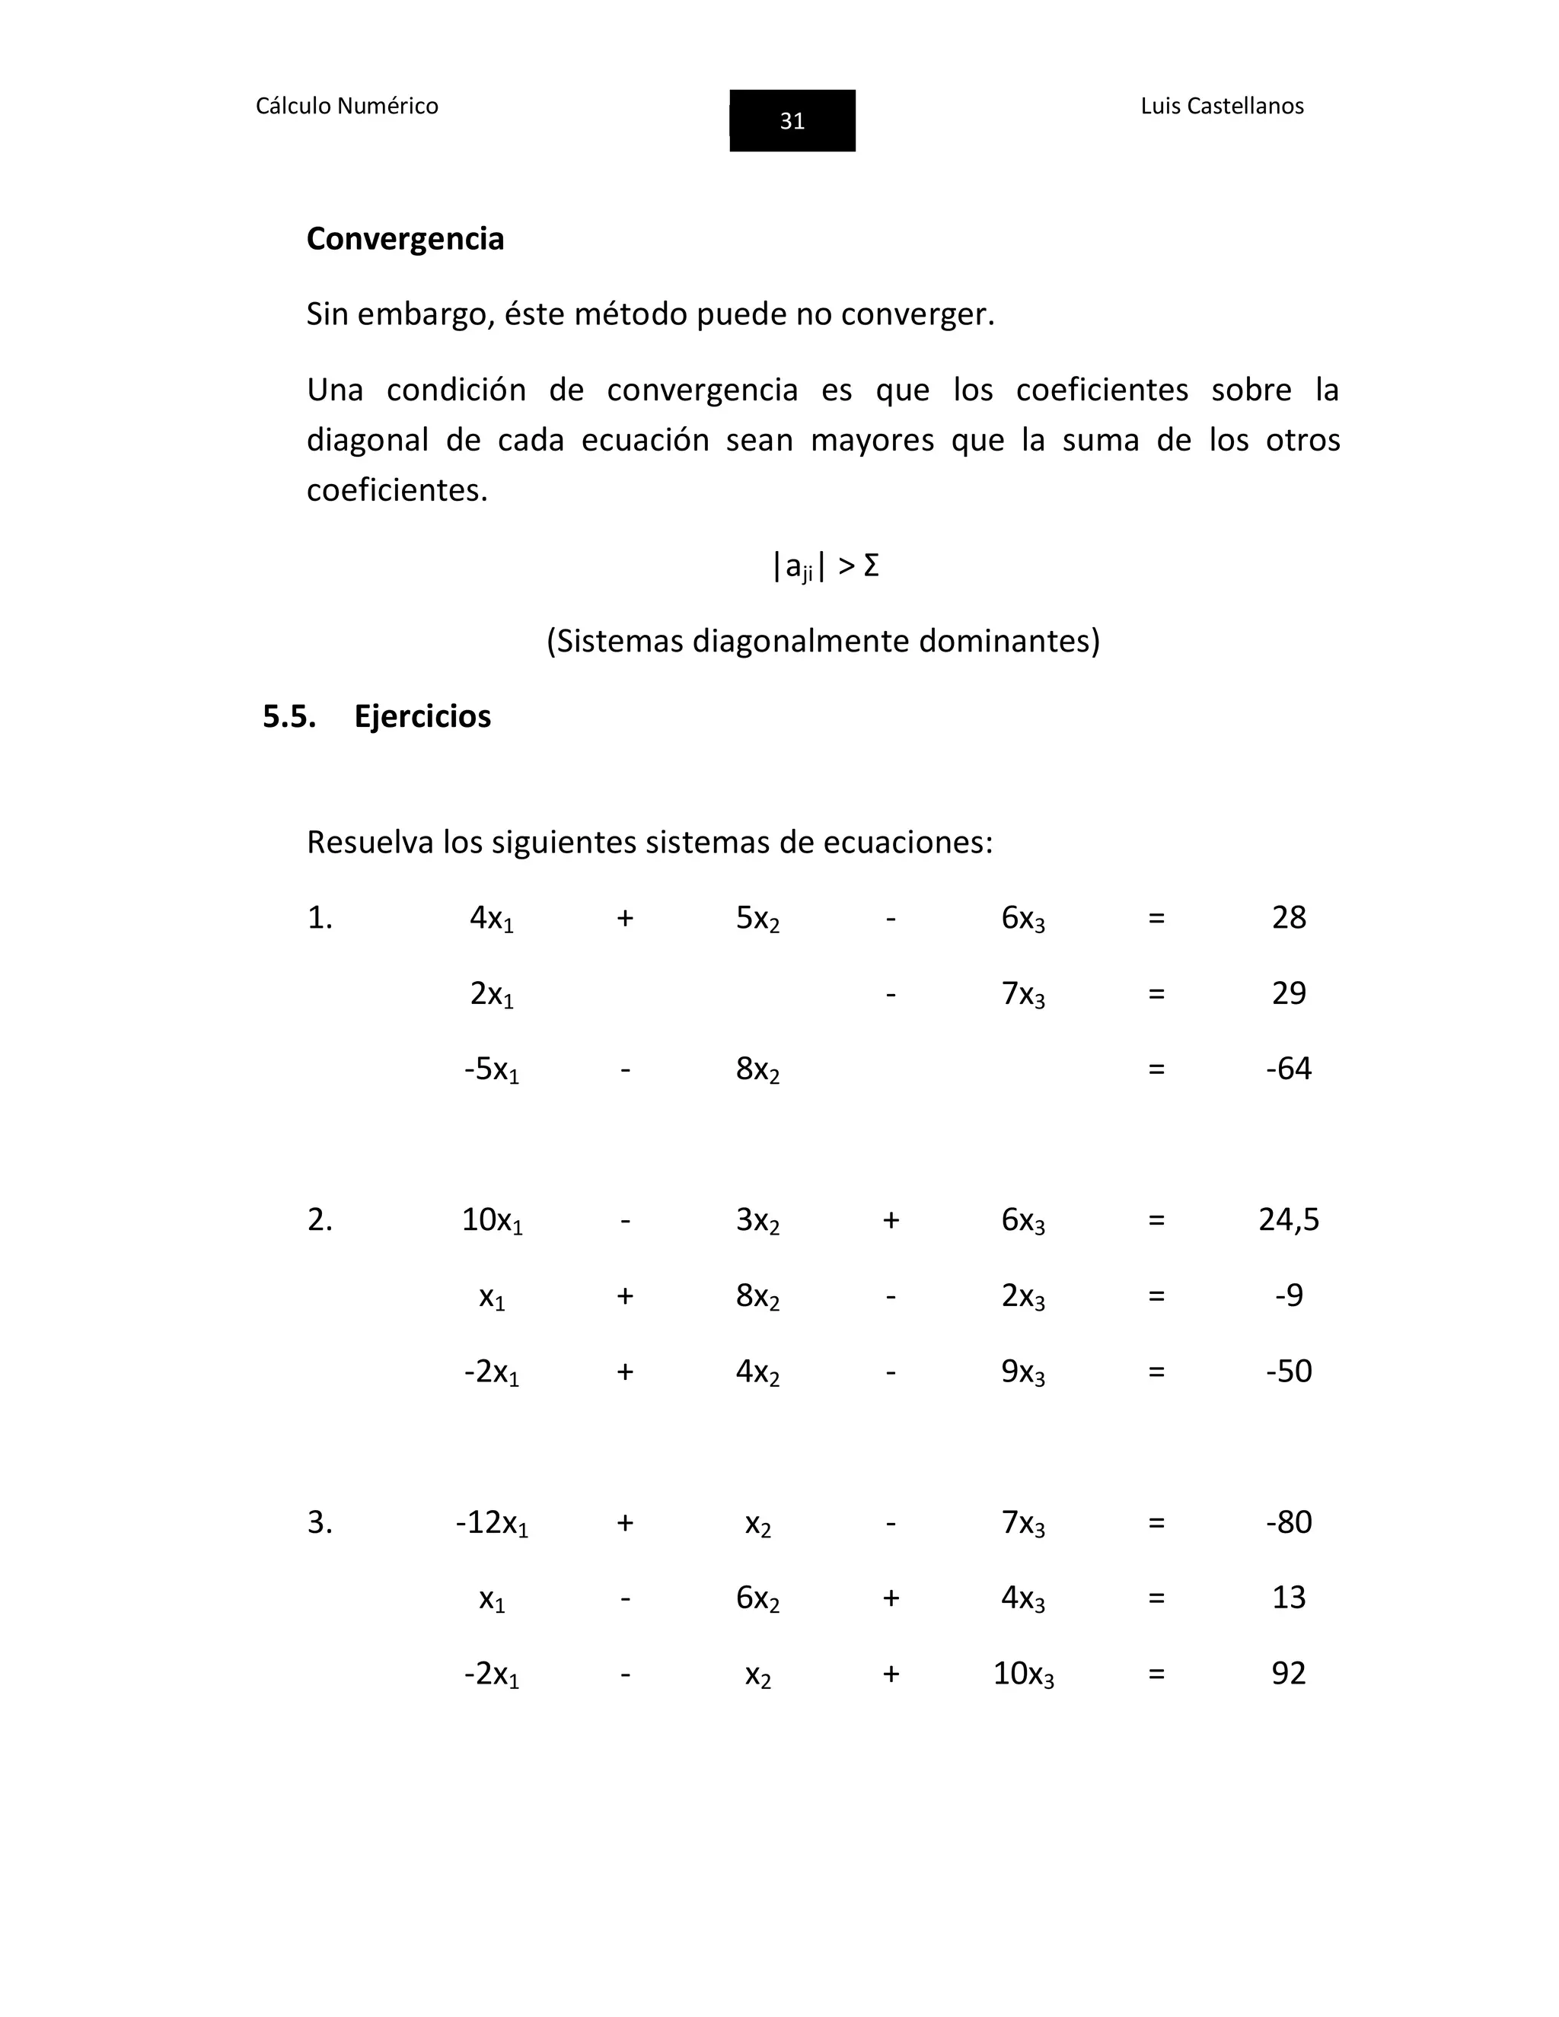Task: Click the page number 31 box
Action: pyautogui.click(x=792, y=120)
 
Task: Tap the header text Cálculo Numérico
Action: pyautogui.click(x=346, y=107)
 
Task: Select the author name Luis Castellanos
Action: pyautogui.click(x=1221, y=107)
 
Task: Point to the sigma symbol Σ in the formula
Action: pyautogui.click(x=871, y=566)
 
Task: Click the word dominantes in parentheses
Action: pyautogui.click(x=1008, y=641)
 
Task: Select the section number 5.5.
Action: pyautogui.click(x=289, y=717)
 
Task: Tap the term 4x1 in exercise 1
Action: pyautogui.click(x=491, y=918)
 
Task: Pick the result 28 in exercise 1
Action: pyautogui.click(x=1289, y=917)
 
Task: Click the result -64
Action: pyautogui.click(x=1289, y=1069)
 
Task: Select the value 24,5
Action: pyautogui.click(x=1289, y=1220)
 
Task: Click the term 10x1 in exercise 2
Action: pyautogui.click(x=491, y=1221)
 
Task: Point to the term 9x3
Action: pyautogui.click(x=1022, y=1372)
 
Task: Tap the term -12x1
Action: pyautogui.click(x=491, y=1523)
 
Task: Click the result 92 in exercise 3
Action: pyautogui.click(x=1289, y=1674)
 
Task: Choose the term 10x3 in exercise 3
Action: pyautogui.click(x=1022, y=1674)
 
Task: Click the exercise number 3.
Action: pyautogui.click(x=320, y=1523)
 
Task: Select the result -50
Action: pyautogui.click(x=1289, y=1372)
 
